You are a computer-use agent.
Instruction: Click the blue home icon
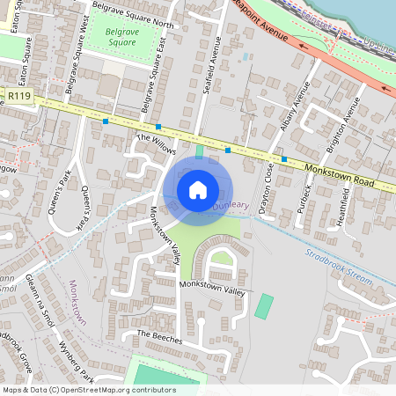pyautogui.click(x=198, y=190)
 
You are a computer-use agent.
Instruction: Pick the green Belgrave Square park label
pyautogui.click(x=121, y=36)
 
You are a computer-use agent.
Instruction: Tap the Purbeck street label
pyautogui.click(x=304, y=203)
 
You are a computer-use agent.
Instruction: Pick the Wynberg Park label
pyautogui.click(x=77, y=360)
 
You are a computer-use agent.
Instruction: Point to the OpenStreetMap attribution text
pyautogui.click(x=89, y=389)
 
